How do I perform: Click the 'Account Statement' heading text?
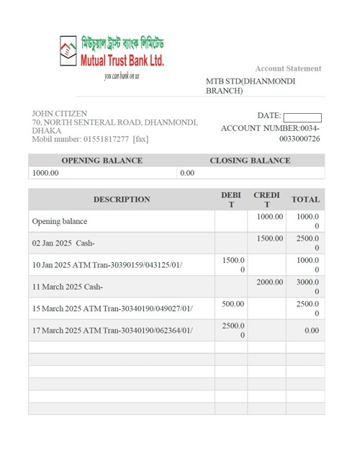point(288,68)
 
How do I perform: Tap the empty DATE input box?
point(302,117)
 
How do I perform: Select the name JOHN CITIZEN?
point(60,114)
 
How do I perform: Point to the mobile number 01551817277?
point(106,139)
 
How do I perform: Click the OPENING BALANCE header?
point(102,161)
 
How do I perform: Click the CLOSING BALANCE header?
point(250,161)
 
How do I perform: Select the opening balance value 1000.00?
point(45,173)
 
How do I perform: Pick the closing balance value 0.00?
point(187,173)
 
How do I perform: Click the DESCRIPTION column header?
point(122,200)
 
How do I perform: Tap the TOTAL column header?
point(305,200)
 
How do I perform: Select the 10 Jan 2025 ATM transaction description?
point(107,265)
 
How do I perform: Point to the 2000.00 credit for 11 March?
point(270,282)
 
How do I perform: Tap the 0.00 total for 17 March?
point(312,331)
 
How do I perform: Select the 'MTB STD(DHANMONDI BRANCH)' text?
point(251,86)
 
